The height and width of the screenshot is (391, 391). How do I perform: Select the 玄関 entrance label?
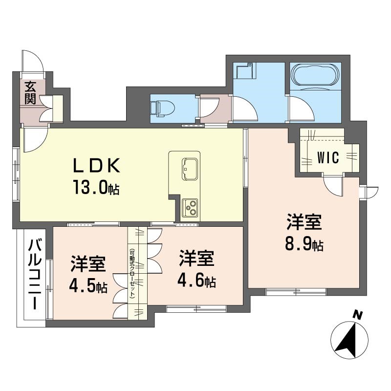(x=30, y=93)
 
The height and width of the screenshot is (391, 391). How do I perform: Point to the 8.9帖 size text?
(x=304, y=243)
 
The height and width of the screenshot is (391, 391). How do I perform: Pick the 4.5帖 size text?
(x=88, y=286)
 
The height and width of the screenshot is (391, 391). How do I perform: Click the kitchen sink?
(x=189, y=167)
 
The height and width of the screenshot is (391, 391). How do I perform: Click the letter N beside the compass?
(x=358, y=316)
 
